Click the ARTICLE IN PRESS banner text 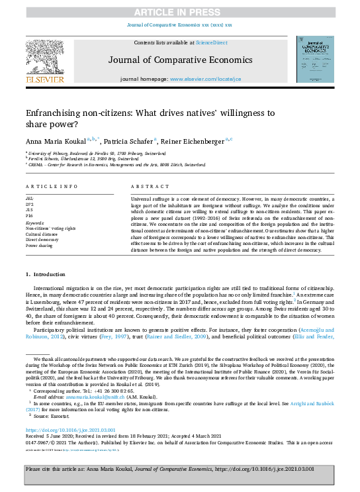[x=180, y=13]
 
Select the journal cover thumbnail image [x=314, y=59]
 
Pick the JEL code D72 [x=30, y=204]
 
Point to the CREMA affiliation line [x=118, y=164]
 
